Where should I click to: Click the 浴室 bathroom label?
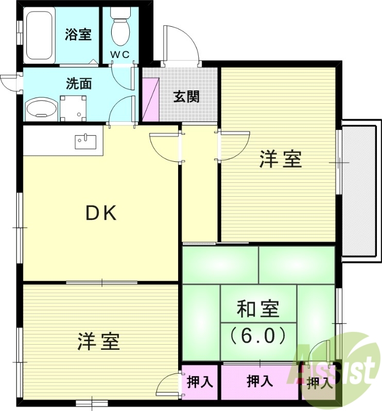[x=78, y=35]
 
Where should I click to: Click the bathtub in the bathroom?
[x=39, y=35]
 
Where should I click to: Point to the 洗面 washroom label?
[x=78, y=83]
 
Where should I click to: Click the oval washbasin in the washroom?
[x=41, y=108]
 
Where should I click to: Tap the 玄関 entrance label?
[x=186, y=96]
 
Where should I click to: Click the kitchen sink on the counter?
[x=86, y=140]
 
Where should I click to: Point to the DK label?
[x=101, y=213]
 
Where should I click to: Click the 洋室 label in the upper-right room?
[x=280, y=160]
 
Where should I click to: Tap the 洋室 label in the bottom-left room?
[x=99, y=341]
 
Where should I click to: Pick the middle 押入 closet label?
[x=259, y=382]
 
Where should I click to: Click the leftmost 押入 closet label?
[x=200, y=382]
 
